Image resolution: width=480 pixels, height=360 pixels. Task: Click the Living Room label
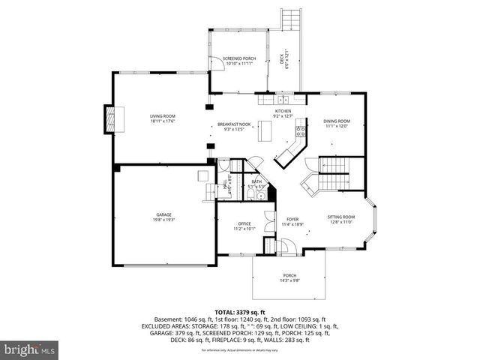pyautogui.click(x=162, y=118)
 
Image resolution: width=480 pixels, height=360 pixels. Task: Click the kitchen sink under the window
pyautogui.click(x=283, y=99)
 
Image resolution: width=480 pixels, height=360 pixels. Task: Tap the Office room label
pyautogui.click(x=244, y=226)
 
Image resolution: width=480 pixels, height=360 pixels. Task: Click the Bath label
pyautogui.click(x=256, y=184)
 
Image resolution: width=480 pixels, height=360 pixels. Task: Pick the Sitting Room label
pyautogui.click(x=340, y=219)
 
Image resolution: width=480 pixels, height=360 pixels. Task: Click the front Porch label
pyautogui.click(x=289, y=278)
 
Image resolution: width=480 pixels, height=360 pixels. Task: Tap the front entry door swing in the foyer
pyautogui.click(x=284, y=246)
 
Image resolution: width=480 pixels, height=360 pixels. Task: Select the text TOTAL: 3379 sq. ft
pyautogui.click(x=240, y=312)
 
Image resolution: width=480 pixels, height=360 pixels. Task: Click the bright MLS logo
pyautogui.click(x=30, y=349)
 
